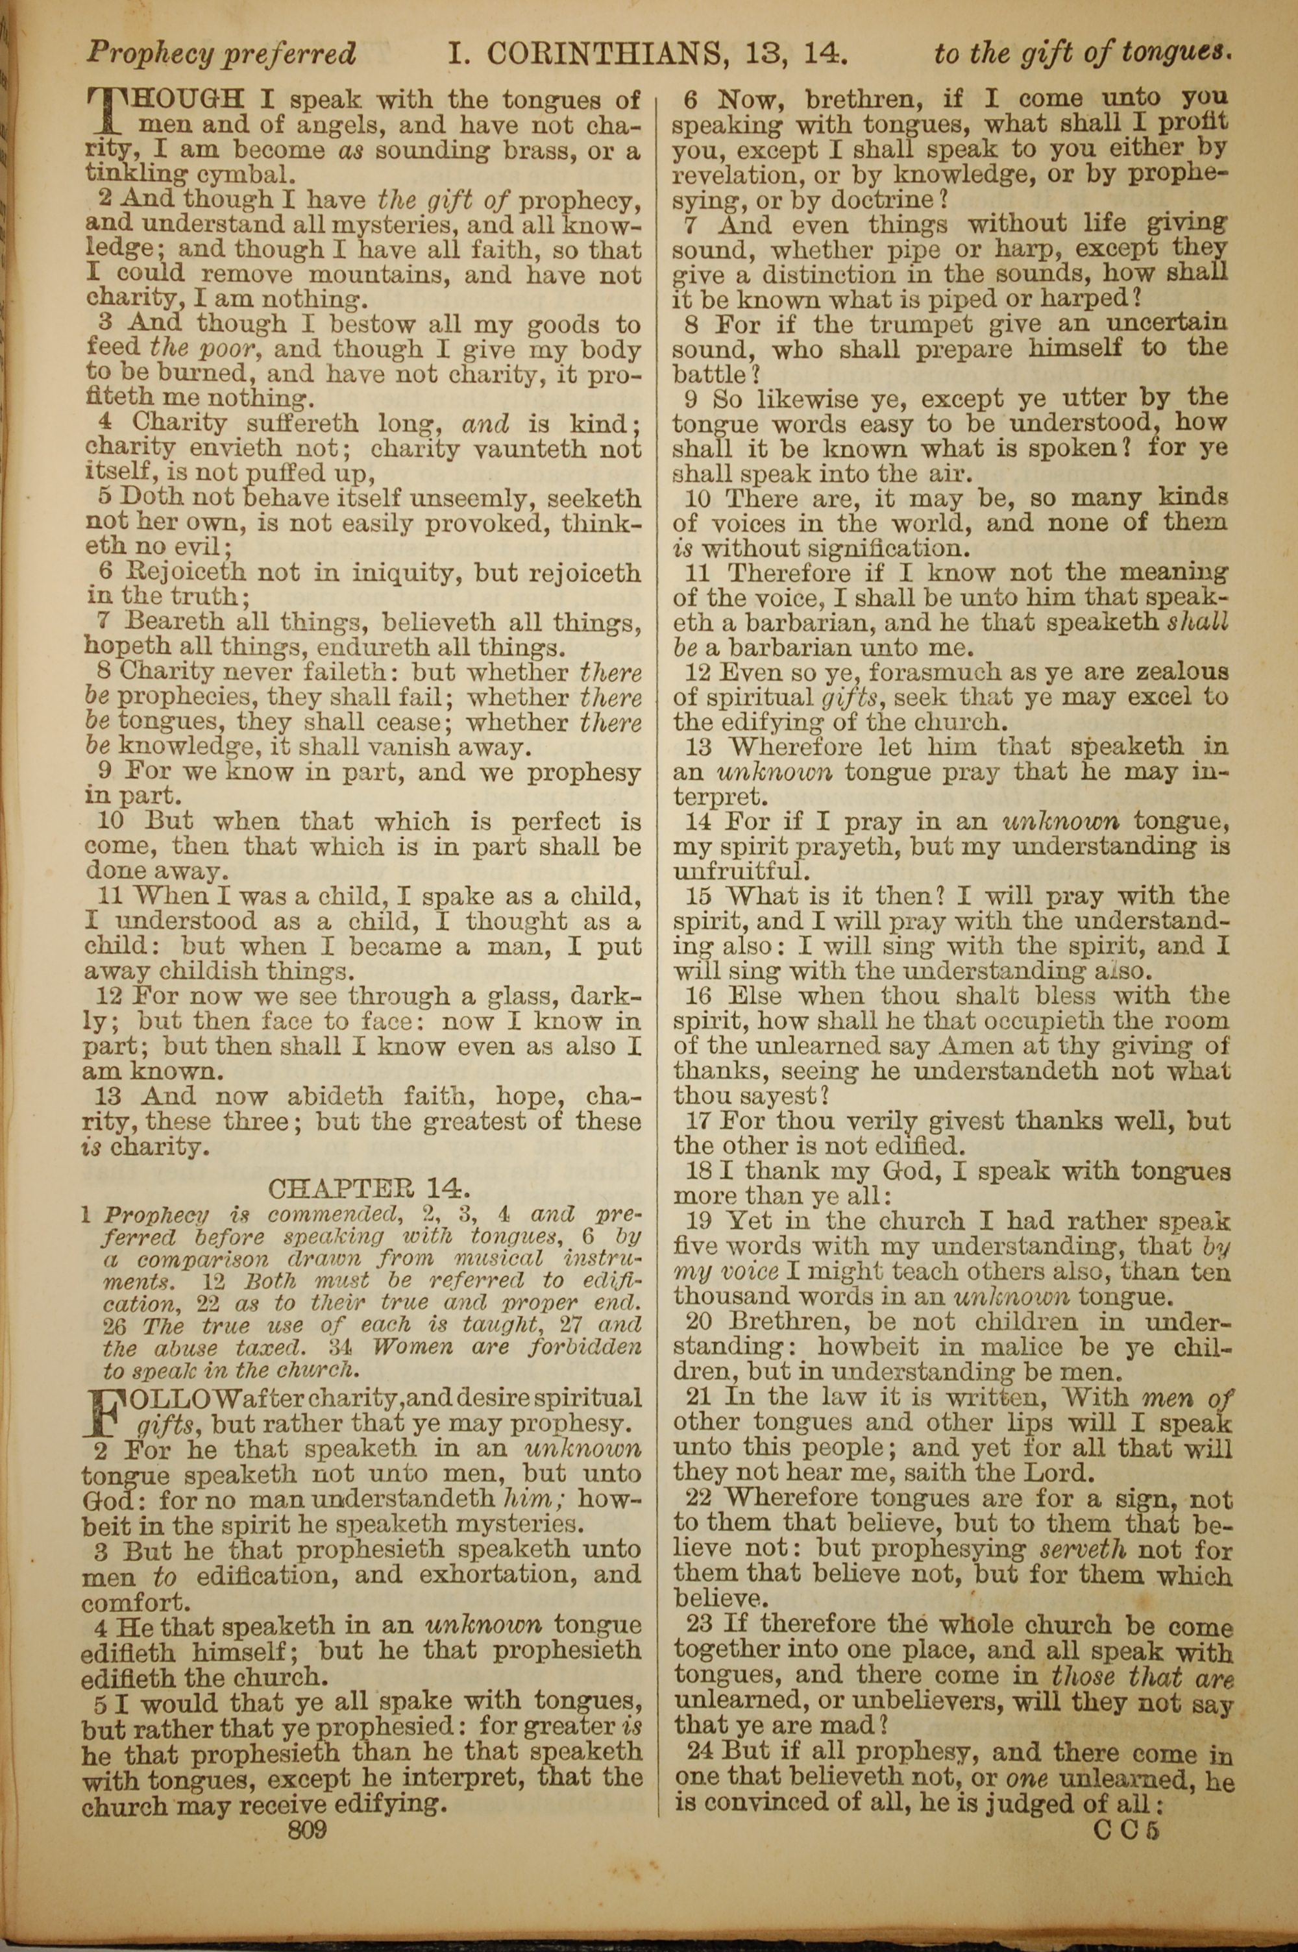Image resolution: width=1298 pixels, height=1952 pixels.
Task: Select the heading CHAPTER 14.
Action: tap(369, 1188)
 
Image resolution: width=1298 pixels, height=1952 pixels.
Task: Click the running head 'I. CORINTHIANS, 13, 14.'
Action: tap(646, 55)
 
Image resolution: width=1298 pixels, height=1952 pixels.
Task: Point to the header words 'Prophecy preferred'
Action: tap(221, 55)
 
